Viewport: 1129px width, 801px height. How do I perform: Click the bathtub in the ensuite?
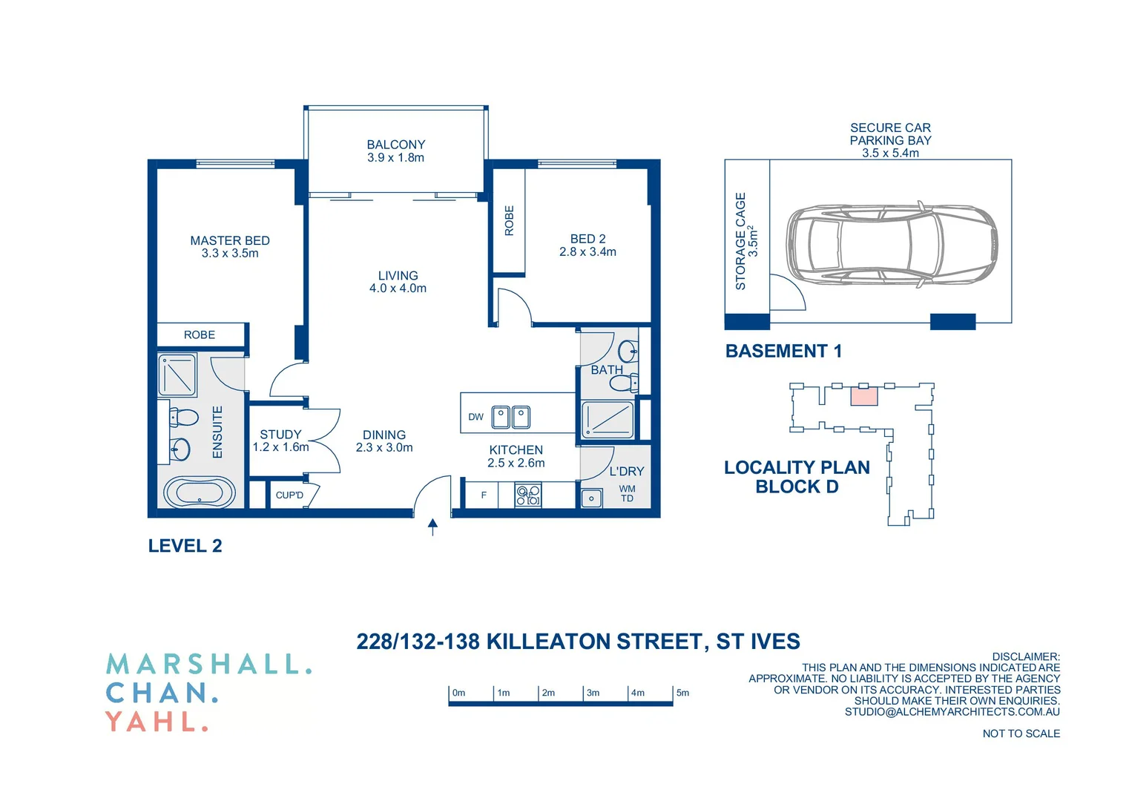tap(199, 492)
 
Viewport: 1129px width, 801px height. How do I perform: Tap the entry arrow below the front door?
tap(432, 527)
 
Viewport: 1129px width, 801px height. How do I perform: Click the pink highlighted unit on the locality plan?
tap(863, 396)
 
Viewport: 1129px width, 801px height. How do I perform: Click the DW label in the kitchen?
tap(475, 417)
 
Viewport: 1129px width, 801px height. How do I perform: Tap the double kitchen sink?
tap(511, 417)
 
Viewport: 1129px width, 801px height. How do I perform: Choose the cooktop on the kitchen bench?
tap(528, 495)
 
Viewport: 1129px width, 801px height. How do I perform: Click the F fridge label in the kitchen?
tap(484, 495)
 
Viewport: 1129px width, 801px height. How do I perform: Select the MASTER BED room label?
tap(230, 241)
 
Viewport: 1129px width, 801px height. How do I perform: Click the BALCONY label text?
tap(396, 145)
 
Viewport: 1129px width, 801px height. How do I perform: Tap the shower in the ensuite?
tap(177, 375)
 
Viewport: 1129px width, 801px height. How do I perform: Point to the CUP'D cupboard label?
tap(289, 495)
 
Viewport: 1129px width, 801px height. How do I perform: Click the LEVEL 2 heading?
tap(185, 546)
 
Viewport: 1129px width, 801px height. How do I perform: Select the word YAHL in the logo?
tap(156, 721)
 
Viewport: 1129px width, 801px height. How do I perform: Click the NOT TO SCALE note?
tap(1021, 734)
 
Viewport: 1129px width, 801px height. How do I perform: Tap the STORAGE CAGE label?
tap(740, 241)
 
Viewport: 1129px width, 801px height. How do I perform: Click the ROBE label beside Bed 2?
tap(509, 221)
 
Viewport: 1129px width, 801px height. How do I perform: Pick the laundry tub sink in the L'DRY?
tap(591, 498)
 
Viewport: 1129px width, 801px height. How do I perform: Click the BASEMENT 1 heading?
tap(783, 351)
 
